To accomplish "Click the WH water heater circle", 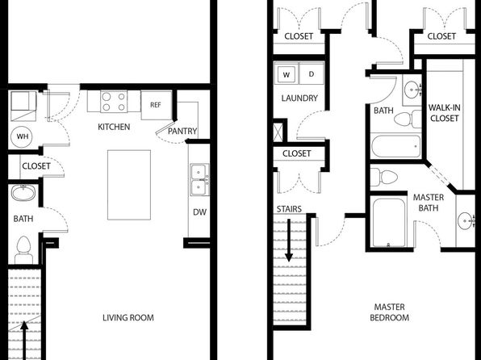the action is tap(23, 136).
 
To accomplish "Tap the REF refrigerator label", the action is tap(156, 105).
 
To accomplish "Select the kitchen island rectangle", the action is tap(129, 185).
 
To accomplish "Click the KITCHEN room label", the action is tap(114, 127).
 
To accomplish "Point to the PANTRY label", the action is tap(182, 131).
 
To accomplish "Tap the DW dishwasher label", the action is tap(199, 212).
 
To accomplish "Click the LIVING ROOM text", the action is tap(128, 318).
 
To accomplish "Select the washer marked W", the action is tap(286, 74).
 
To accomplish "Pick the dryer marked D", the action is tap(312, 74).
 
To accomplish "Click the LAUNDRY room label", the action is tap(299, 98).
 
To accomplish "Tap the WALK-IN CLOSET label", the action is tap(444, 113).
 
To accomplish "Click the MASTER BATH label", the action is tap(429, 203).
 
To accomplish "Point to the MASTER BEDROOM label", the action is tap(390, 312).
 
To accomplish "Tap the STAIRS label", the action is tap(289, 209).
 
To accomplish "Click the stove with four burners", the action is tap(114, 102).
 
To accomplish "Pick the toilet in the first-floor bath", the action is tap(24, 250).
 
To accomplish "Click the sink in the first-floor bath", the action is tap(23, 193).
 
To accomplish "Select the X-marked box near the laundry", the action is tap(278, 132).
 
